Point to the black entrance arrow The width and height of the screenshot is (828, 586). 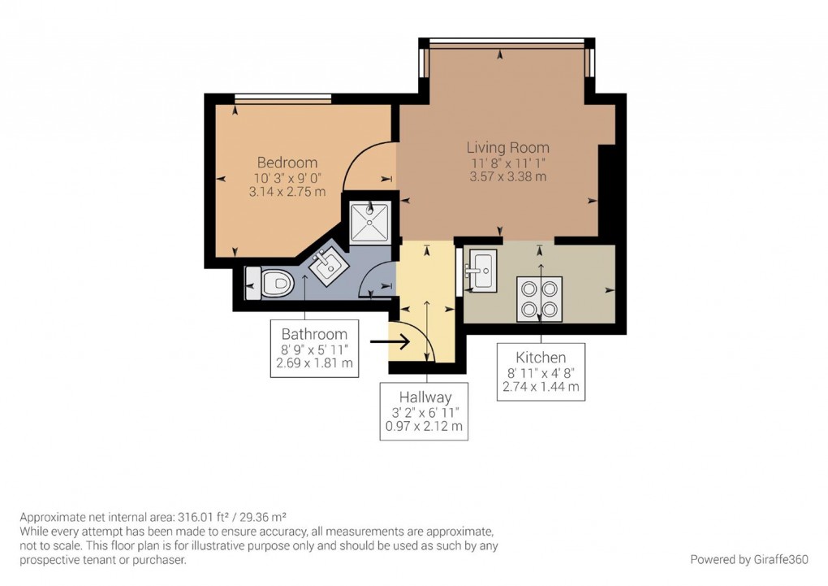[x=386, y=342]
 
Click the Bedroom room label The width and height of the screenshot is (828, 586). [x=287, y=162]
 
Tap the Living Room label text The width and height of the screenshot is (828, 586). [x=507, y=148]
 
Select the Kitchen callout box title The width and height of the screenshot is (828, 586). [x=541, y=358]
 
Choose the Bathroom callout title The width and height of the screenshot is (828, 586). [x=314, y=334]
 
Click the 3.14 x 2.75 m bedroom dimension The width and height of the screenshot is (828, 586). [x=287, y=192]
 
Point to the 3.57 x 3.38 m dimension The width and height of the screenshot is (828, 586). [x=507, y=176]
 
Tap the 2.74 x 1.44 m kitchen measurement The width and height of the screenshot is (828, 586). [x=541, y=387]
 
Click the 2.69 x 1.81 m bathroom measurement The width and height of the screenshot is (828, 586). [x=314, y=363]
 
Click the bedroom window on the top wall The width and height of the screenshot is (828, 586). [x=282, y=99]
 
